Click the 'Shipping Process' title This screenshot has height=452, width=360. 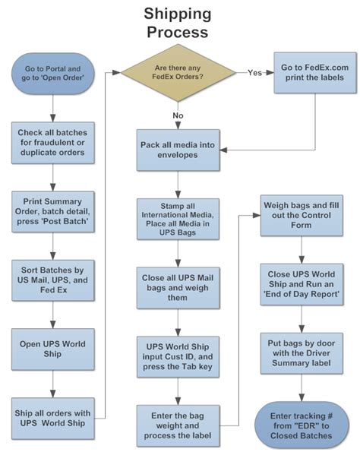coord(178,23)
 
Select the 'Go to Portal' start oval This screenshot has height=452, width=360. coord(52,73)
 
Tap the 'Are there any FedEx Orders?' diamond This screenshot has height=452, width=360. coord(178,73)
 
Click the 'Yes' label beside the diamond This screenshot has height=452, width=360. coord(254,73)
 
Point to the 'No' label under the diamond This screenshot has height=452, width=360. coord(178,115)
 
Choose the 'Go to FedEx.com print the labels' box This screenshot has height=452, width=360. coord(314,73)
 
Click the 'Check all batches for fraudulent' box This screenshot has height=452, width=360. coord(52,143)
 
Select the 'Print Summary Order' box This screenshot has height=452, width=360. coord(52,212)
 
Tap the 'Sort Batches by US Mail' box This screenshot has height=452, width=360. coord(52,280)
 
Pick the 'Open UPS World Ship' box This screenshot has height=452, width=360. coord(52,349)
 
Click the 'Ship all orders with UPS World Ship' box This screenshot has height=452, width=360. coord(52,419)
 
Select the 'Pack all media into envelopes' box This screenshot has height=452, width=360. coord(178,150)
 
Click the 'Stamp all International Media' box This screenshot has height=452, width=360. coord(178,219)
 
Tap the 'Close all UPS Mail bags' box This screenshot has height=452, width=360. coord(178,288)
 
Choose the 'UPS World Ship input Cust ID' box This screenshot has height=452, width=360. coord(178,356)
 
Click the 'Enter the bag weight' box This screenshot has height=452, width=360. coord(178,425)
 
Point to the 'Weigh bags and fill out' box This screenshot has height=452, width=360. coord(302,215)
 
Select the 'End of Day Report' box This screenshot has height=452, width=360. coord(302,284)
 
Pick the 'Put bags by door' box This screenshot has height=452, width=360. coord(302,353)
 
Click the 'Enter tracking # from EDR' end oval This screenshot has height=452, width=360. coord(302,425)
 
